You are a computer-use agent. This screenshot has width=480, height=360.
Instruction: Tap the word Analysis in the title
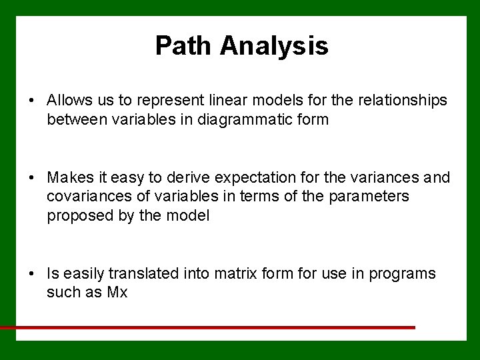(x=274, y=46)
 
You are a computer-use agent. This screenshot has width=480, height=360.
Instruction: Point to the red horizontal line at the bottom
(x=207, y=328)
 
